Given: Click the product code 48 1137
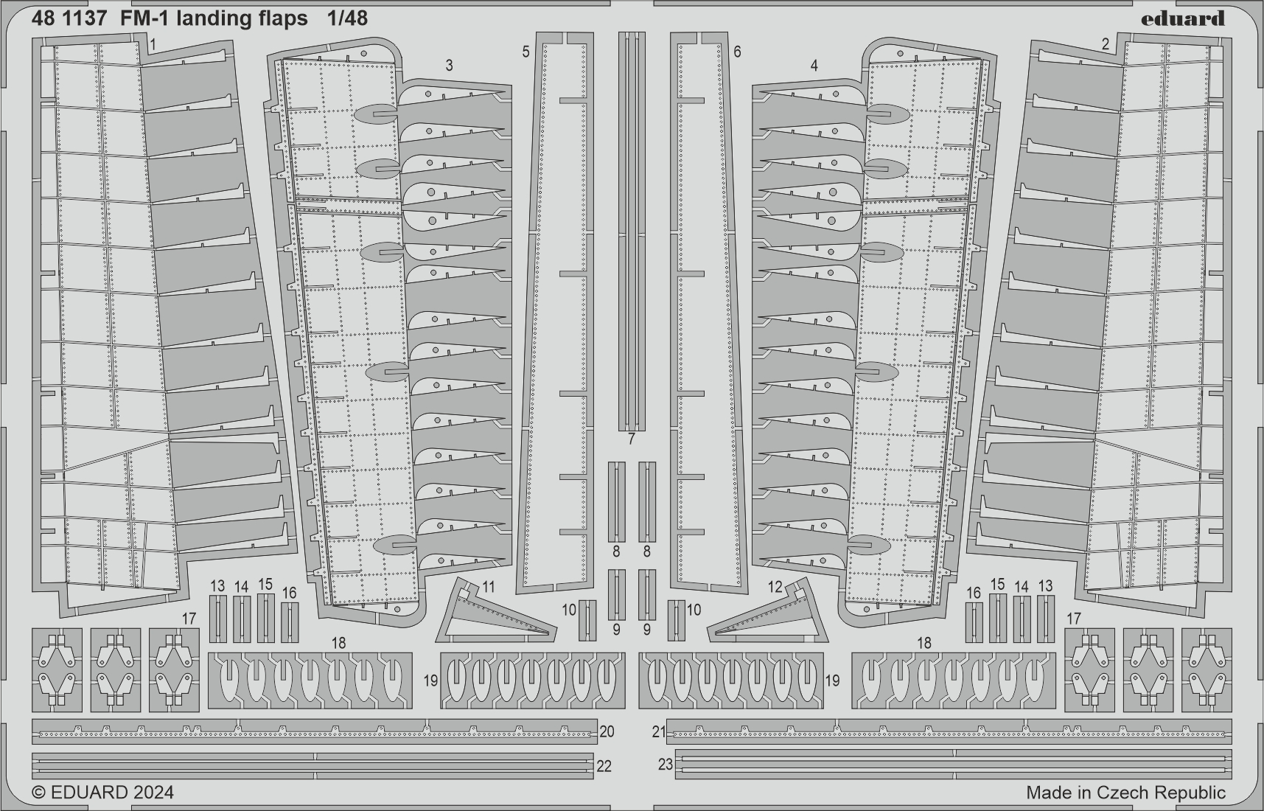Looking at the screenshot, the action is point(64,18).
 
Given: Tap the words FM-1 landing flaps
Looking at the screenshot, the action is point(209,18).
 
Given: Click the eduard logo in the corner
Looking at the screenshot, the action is point(1183,18).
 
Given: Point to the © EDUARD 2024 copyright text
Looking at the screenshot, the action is point(104,792).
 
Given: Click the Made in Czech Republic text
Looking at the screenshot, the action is point(1125,793).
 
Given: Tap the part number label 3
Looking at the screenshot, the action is point(450,66).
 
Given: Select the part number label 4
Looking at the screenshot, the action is point(814,66).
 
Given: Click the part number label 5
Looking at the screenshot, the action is point(525,52).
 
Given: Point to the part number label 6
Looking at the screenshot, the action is point(737,52).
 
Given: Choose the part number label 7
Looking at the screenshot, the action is point(632,439).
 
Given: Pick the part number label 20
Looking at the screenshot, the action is point(607,731).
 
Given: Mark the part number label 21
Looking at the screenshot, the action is point(659,732).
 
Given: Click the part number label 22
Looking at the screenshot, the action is point(604,766).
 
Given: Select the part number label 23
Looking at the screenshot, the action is point(666,765).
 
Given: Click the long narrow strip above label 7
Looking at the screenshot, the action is point(632,232).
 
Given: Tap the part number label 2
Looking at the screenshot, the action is point(1106,44).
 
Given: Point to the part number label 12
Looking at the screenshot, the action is point(775,587).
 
